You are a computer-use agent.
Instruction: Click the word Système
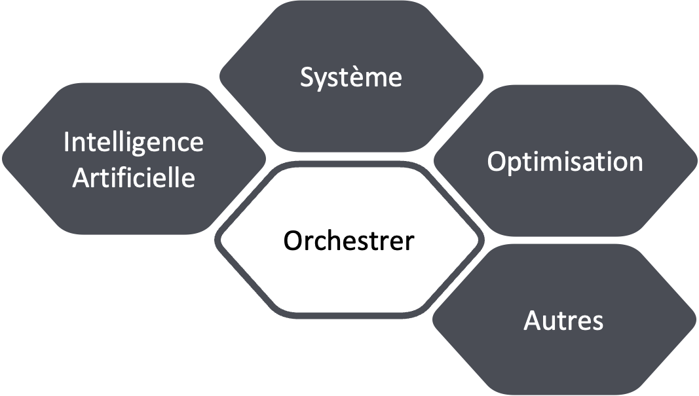[351, 77]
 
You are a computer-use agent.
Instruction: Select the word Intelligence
[134, 143]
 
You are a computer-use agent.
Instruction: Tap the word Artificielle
[134, 177]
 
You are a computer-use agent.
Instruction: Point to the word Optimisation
[565, 162]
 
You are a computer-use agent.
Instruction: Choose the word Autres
[563, 321]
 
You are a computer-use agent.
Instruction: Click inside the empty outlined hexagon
[350, 240]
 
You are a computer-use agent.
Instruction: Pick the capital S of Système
[307, 77]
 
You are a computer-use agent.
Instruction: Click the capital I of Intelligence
[67, 142]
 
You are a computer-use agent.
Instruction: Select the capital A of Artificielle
[79, 177]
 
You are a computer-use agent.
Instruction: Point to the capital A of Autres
[532, 321]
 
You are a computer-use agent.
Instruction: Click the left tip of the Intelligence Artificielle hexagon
[3, 158]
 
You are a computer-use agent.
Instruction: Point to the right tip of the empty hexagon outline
[483, 240]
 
